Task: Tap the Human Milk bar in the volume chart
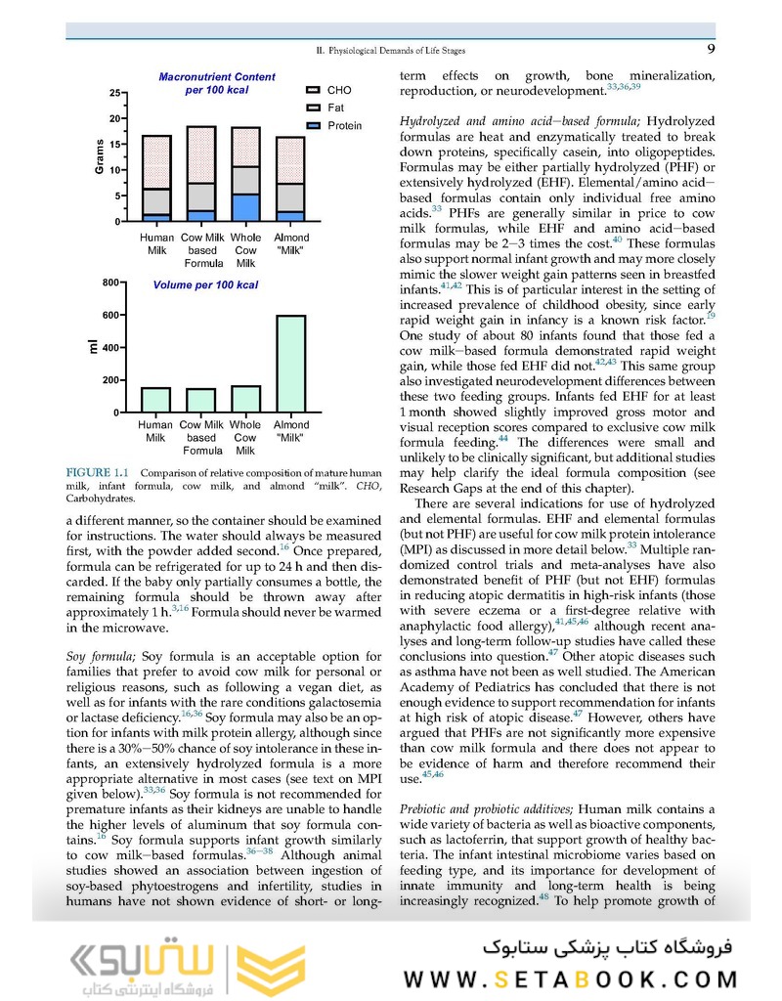155,400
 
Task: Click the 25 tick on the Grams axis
115,94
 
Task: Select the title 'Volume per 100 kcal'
205,285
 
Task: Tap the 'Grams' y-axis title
100,157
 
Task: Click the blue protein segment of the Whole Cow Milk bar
245,207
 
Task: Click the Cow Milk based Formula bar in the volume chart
200,401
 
